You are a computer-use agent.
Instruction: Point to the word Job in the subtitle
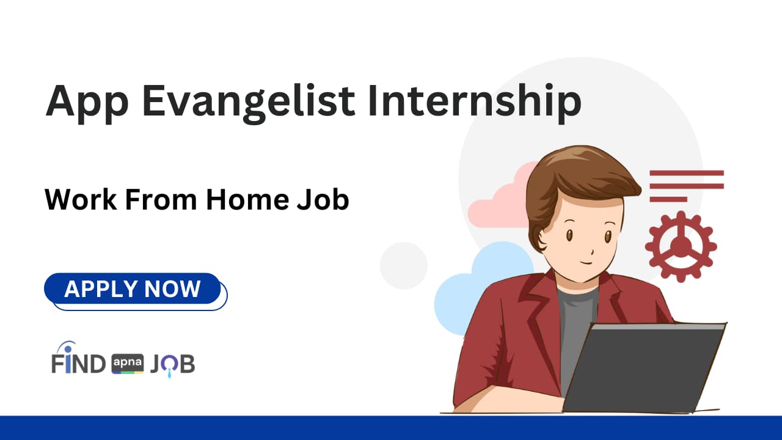coord(323,200)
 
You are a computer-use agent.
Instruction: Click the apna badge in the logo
coord(127,364)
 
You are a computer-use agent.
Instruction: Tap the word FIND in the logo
coord(78,364)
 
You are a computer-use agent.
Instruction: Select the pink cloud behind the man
coord(495,202)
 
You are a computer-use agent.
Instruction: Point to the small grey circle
coord(403,265)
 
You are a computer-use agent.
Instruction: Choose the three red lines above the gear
coord(685,186)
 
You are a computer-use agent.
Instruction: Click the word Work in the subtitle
coord(80,200)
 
